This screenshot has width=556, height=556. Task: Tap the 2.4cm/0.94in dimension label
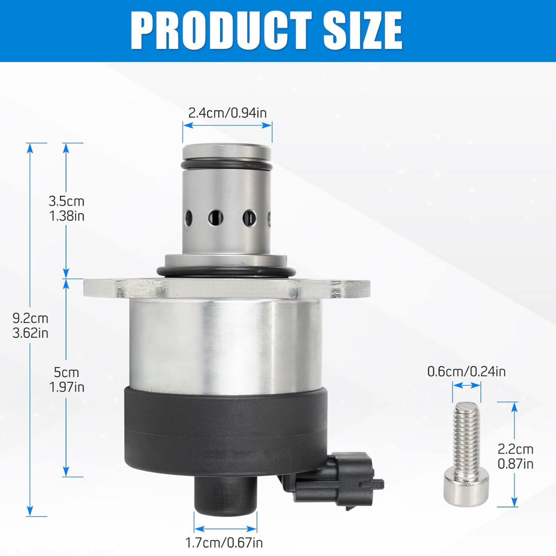pos(227,113)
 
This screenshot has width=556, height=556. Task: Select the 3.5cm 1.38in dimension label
pos(66,208)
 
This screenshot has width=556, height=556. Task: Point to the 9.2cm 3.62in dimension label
pos(30,326)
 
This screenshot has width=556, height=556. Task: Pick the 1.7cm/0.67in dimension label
pos(224,542)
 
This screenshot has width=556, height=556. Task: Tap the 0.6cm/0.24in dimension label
pos(466,372)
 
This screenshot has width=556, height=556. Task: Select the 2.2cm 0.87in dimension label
pos(515,456)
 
